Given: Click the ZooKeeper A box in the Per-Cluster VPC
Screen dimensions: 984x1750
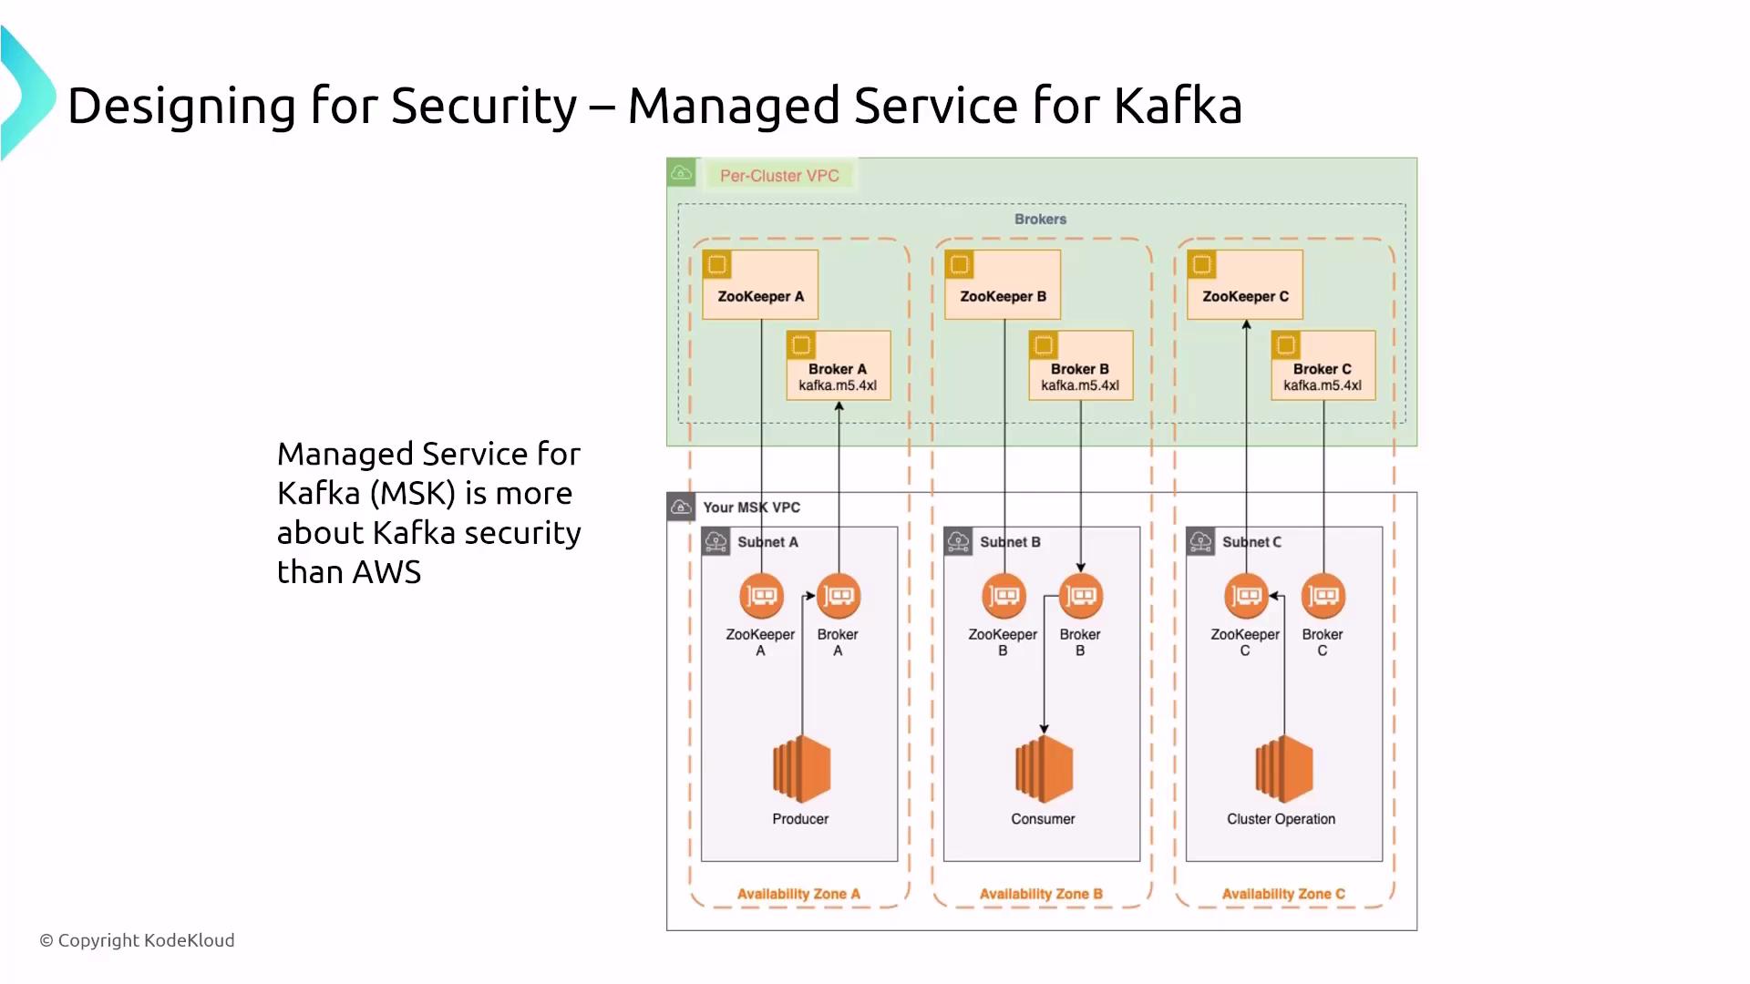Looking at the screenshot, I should (760, 284).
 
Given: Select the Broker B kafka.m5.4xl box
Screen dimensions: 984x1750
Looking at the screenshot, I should (1080, 365).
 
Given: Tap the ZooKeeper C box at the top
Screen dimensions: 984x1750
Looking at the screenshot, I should (1245, 284).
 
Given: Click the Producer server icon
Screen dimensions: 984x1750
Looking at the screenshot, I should (801, 769).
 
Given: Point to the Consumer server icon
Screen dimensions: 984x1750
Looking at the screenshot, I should (1044, 769).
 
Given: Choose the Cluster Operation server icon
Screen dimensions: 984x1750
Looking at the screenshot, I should (1283, 769).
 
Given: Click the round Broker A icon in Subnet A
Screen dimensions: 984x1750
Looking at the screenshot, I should (839, 597).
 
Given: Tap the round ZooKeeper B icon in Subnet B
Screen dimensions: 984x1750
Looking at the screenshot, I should (1004, 597).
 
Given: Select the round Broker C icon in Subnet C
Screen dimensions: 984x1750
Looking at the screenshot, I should (1323, 597).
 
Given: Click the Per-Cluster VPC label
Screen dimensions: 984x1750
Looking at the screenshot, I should (779, 176).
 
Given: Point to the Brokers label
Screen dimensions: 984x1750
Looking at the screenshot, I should (1040, 220).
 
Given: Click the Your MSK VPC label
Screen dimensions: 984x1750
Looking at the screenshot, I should (751, 507).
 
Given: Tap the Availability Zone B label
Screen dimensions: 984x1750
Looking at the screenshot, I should (1041, 894).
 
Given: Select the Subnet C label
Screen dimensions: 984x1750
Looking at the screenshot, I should (1251, 542).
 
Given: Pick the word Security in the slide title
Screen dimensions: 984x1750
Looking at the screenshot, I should (484, 106).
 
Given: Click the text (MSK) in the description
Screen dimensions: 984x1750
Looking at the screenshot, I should (412, 493).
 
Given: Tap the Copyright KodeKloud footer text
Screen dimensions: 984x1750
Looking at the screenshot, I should (137, 940).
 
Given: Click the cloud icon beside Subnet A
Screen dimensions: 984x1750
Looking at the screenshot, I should (716, 542).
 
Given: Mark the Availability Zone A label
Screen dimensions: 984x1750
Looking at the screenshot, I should (798, 894).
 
